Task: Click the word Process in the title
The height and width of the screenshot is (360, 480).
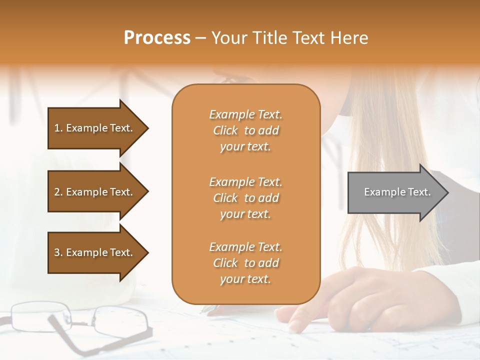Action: tap(157, 38)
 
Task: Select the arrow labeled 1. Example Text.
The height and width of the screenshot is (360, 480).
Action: tap(95, 128)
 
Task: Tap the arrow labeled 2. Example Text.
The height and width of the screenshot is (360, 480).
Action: tap(95, 192)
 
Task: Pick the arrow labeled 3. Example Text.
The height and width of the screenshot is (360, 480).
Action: tap(95, 252)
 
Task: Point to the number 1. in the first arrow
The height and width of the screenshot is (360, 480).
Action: tap(58, 128)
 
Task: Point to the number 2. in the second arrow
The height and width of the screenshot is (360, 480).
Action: tap(58, 192)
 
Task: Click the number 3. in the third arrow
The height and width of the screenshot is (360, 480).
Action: tap(58, 252)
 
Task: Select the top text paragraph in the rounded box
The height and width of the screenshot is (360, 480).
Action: tap(245, 130)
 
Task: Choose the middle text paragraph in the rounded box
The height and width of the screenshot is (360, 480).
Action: tap(245, 198)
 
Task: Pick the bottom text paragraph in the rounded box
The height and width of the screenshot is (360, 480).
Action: tap(245, 263)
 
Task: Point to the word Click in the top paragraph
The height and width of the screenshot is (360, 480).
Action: tap(225, 130)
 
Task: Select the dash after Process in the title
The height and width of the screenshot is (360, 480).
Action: tap(201, 38)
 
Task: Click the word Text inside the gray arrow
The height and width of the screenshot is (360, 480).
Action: tap(419, 192)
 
